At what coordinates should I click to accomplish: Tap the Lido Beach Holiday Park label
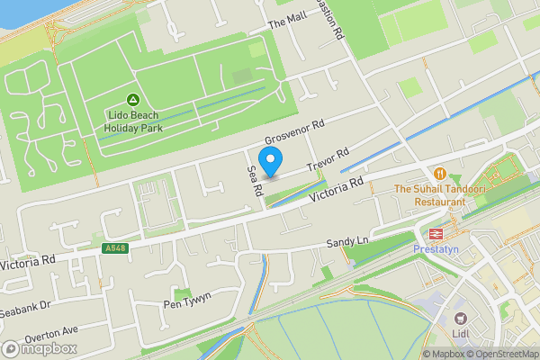pos(132,121)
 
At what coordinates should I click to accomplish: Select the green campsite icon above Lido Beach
pos(132,98)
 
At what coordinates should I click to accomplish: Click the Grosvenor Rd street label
pos(293,133)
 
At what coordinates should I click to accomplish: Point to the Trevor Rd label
pos(327,161)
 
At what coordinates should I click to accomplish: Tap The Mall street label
pos(289,23)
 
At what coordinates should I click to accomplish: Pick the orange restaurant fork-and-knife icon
pos(439,173)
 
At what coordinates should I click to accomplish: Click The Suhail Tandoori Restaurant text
pos(439,196)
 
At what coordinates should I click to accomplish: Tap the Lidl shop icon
pos(461,319)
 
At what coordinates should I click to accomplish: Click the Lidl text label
pos(462,336)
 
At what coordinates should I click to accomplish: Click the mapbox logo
pos(38,349)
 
